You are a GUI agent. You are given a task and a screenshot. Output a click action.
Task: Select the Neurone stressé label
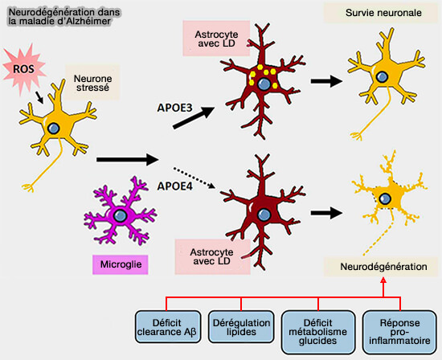pyautogui.click(x=92, y=81)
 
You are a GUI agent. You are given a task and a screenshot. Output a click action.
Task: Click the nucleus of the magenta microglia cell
pyautogui.click(x=120, y=217)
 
